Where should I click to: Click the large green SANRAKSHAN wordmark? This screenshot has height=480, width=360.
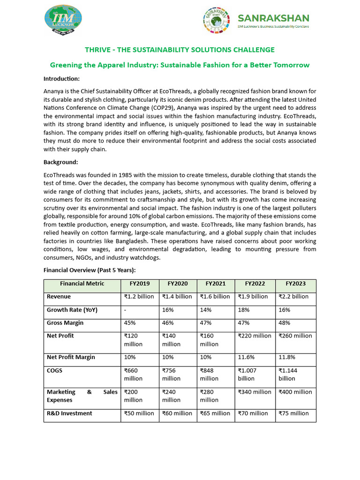[x=273, y=18]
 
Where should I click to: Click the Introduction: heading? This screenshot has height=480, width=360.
[x=61, y=78]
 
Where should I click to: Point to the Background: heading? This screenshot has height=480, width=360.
[x=60, y=162]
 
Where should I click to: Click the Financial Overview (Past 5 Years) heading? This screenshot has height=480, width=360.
[x=90, y=270]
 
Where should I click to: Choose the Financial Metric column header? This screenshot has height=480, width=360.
[x=82, y=284]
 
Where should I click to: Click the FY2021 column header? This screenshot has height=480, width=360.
[x=216, y=284]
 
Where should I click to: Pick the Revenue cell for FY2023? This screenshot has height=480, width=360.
[x=293, y=296]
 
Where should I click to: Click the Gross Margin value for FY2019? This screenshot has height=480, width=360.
[x=130, y=323]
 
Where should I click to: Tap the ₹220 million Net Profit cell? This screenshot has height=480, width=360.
[x=255, y=336]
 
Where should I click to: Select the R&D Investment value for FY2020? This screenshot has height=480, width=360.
[x=177, y=413]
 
